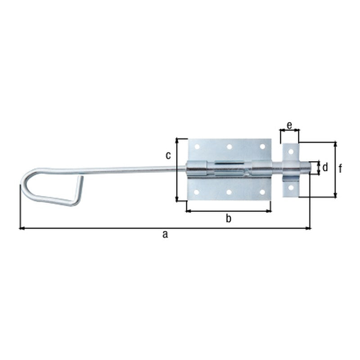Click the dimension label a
[x=165, y=234]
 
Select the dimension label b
[x=229, y=219]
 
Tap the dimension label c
[x=168, y=156]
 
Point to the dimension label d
[x=325, y=167]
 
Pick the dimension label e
[x=289, y=126]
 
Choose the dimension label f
[x=341, y=169]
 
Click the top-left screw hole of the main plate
[x=197, y=147]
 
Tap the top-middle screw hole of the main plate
[x=229, y=147]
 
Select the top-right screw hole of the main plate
[x=262, y=147]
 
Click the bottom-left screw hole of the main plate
[x=197, y=192]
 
